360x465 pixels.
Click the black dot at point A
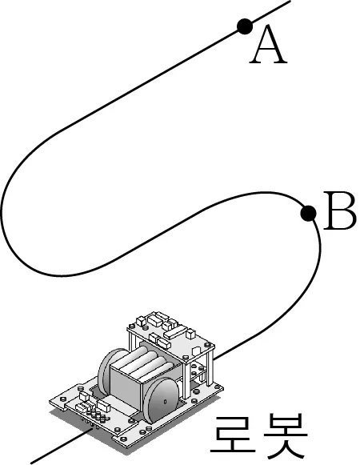245,26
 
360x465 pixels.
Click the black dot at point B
308,213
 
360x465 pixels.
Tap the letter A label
268,45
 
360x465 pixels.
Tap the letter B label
340,210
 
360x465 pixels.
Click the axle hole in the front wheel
165,402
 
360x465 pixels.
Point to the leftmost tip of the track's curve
1,207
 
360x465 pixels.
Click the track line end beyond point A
290,1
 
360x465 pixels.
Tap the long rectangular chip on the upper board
175,332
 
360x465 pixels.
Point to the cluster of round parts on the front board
97,415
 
